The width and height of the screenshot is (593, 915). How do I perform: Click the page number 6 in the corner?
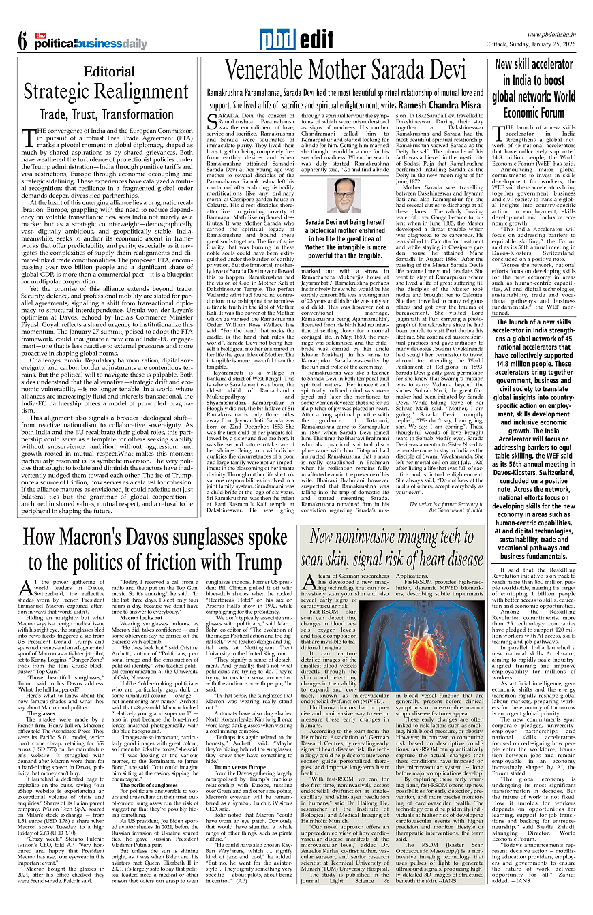click(x=22, y=41)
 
